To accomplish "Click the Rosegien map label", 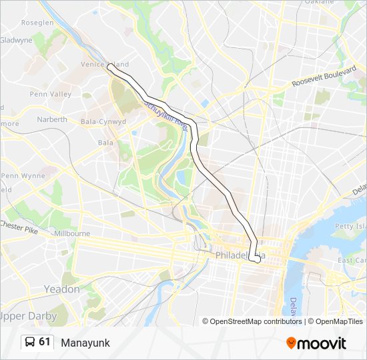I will pos(37,22).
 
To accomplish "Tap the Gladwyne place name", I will pos(16,40).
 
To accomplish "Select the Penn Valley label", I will pos(51,94).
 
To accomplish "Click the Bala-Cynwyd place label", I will pos(103,122).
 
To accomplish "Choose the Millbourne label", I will pos(71,234).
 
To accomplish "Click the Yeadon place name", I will pos(61,289).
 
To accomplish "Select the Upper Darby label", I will pos(29,315).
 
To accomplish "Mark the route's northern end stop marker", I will pos(109,66).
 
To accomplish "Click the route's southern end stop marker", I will pos(257,259).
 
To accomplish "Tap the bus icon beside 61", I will pos(29,342).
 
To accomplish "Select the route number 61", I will pos(45,342).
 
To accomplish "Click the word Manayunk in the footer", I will pos(85,343).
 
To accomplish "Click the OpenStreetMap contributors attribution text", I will pos(252,321).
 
